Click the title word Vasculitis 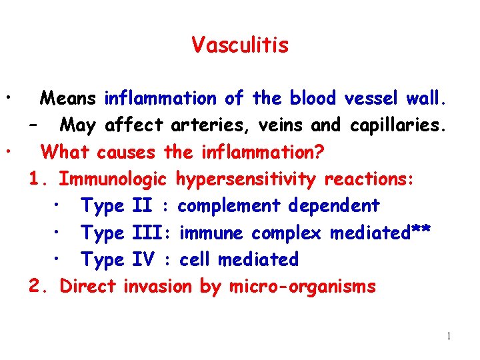[x=240, y=45]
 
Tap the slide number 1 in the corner [x=449, y=336]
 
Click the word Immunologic [x=113, y=179]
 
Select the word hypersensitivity [x=247, y=179]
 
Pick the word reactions [x=370, y=179]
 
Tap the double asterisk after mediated [x=423, y=231]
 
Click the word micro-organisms [x=303, y=287]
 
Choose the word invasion [x=158, y=287]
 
